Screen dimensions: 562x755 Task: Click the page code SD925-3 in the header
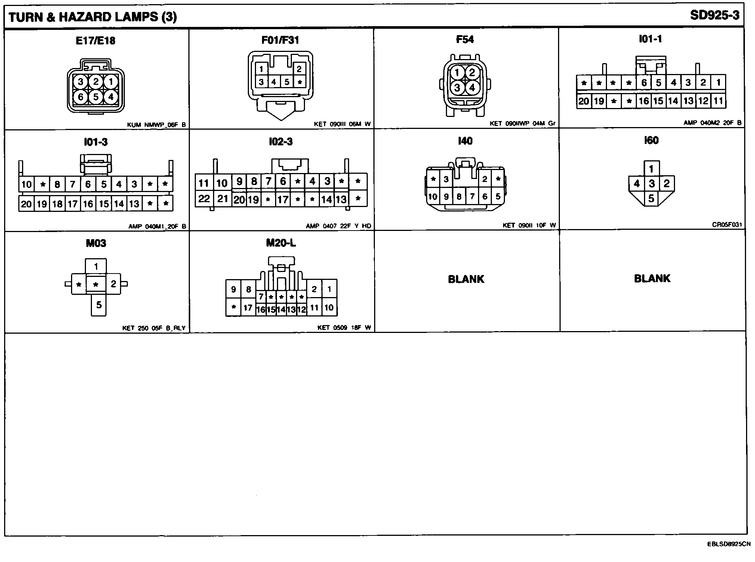(x=714, y=16)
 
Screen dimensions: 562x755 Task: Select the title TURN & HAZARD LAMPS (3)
(x=93, y=17)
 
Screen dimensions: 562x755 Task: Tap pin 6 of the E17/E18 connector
(x=80, y=97)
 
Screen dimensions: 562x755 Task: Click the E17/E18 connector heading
(x=95, y=41)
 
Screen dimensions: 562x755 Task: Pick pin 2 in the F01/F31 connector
(x=299, y=69)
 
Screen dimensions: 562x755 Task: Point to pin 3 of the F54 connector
(x=457, y=88)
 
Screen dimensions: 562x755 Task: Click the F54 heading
(x=465, y=40)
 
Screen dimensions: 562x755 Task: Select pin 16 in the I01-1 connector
(x=644, y=101)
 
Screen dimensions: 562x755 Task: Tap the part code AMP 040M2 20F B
(x=712, y=123)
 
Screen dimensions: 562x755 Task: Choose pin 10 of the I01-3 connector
(x=26, y=184)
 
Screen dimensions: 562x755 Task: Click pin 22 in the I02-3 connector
(x=204, y=198)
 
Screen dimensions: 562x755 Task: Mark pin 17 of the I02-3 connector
(x=283, y=200)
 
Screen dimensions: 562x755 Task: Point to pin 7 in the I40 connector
(x=472, y=196)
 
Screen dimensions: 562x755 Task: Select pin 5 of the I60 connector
(x=651, y=198)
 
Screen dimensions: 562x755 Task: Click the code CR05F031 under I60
(x=727, y=225)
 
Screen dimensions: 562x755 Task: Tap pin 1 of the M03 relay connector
(x=96, y=266)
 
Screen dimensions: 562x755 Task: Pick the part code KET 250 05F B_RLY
(x=154, y=328)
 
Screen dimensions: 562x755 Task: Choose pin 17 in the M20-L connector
(x=248, y=308)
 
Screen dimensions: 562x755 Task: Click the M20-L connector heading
(x=281, y=243)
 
